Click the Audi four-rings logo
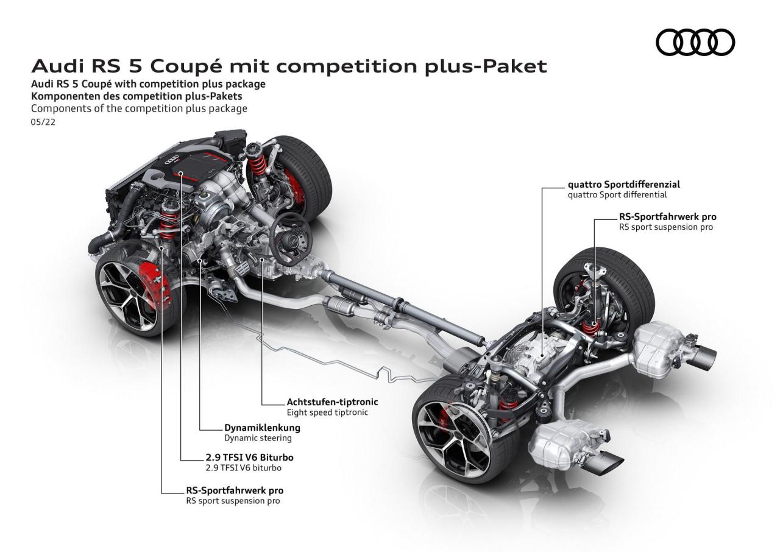[x=695, y=43]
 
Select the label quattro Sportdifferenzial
[x=623, y=184]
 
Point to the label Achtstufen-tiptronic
[x=332, y=402]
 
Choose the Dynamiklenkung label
[x=262, y=428]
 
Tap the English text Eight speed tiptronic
[x=327, y=412]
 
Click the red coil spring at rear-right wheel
[x=589, y=326]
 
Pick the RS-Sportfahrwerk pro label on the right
[x=667, y=216]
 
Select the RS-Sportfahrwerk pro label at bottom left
[x=235, y=490]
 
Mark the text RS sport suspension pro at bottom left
[x=233, y=501]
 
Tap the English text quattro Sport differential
[x=617, y=195]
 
